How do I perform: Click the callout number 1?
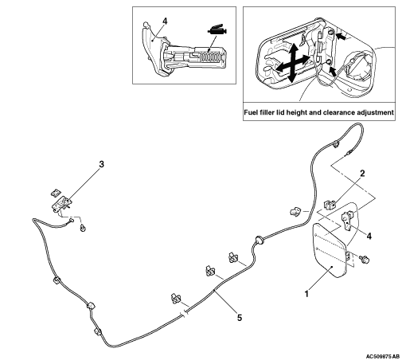(307, 294)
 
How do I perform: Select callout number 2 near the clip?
(362, 174)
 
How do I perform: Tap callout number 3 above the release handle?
(101, 164)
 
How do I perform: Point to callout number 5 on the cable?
(240, 317)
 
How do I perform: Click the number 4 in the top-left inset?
(165, 22)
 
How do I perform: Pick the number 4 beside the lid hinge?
(369, 236)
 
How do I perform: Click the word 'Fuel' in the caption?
(250, 112)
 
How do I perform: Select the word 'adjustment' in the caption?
(376, 112)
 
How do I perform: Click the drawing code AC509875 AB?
(383, 356)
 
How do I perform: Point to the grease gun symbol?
(217, 30)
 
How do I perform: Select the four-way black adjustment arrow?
(292, 63)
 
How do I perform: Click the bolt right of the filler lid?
(365, 259)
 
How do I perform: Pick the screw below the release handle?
(83, 228)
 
